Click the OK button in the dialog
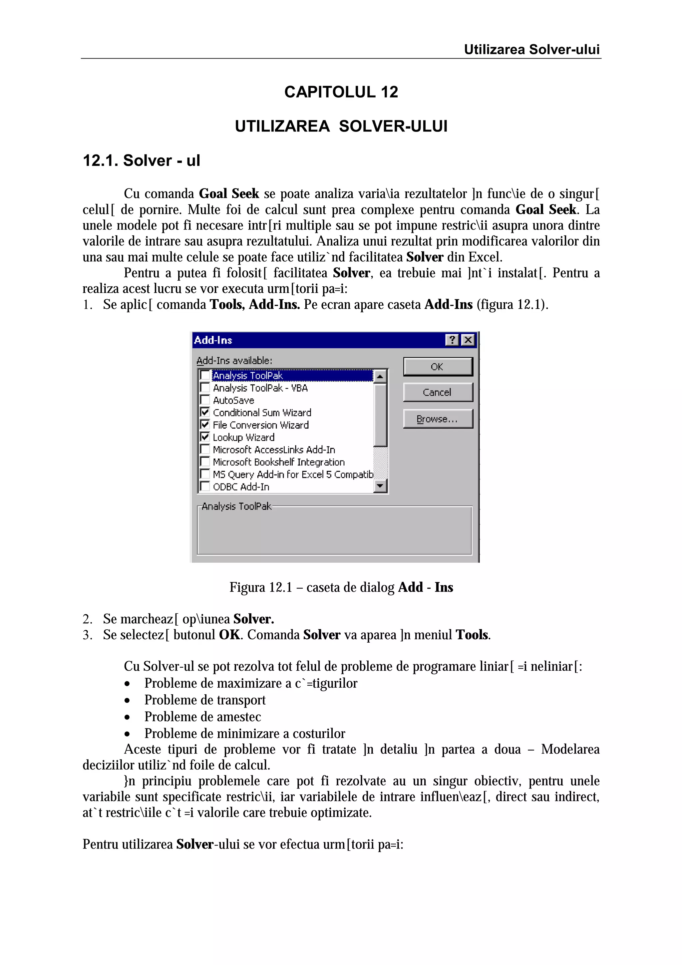pyautogui.click(x=438, y=367)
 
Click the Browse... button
pyautogui.click(x=438, y=419)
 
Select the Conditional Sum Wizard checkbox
pyautogui.click(x=205, y=412)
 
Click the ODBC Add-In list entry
pyautogui.click(x=241, y=487)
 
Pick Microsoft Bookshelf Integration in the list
pyautogui.click(x=278, y=462)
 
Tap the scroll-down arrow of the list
pyautogui.click(x=380, y=486)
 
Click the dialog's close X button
pyautogui.click(x=468, y=340)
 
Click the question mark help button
pyautogui.click(x=452, y=340)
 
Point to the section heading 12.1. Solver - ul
pyautogui.click(x=141, y=161)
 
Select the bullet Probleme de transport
pyautogui.click(x=205, y=700)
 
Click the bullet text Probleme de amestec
pyautogui.click(x=202, y=717)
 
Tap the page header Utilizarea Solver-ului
pyautogui.click(x=531, y=50)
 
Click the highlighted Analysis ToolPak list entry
pyautogui.click(x=248, y=375)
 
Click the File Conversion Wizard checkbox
pyautogui.click(x=205, y=425)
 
